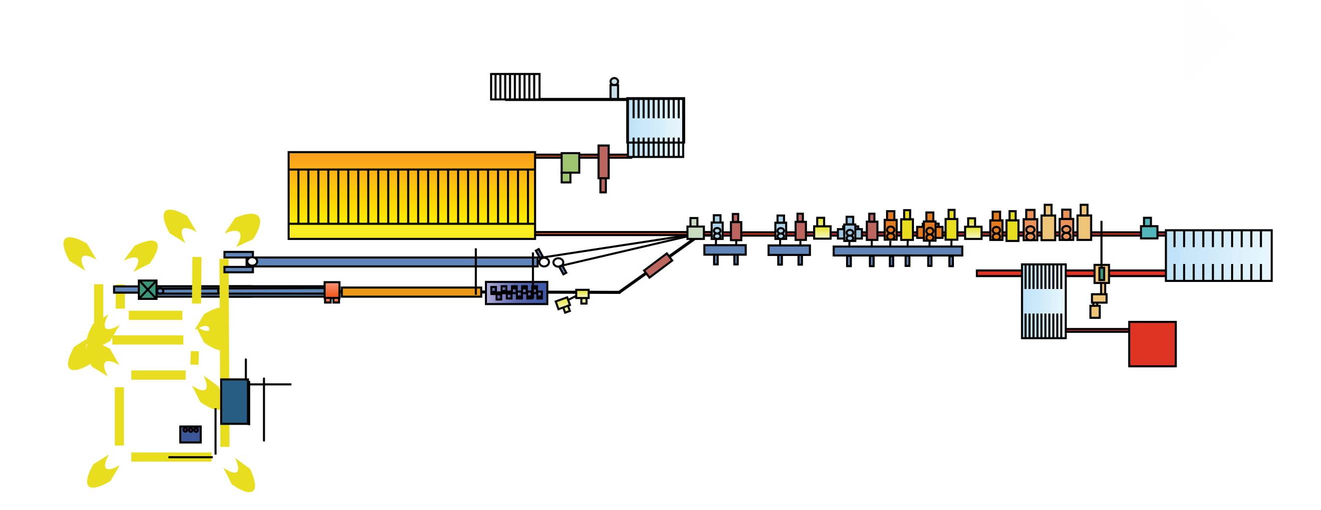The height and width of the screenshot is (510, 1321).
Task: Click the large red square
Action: pos(1152,344)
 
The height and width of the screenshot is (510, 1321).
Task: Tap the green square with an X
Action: pos(148,289)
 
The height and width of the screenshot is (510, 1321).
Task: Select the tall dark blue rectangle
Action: pos(234,401)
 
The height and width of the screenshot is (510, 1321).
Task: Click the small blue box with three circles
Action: pos(190,434)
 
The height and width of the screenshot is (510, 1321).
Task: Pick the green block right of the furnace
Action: pos(570,164)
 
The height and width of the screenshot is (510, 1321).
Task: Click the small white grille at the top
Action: pos(515,86)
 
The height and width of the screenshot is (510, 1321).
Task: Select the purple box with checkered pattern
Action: pos(516,292)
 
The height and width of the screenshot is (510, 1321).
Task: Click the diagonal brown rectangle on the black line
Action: pos(658,265)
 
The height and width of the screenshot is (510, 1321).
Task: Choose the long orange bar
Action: pos(411,292)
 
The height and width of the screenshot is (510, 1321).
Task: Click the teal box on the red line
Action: pos(1149,231)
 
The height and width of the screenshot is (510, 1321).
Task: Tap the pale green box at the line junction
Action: pos(695,232)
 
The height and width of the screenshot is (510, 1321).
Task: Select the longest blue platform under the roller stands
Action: pos(897,251)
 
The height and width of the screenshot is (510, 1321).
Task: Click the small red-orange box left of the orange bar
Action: pos(332,290)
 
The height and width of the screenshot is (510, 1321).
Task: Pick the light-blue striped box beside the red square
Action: pos(1044,301)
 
